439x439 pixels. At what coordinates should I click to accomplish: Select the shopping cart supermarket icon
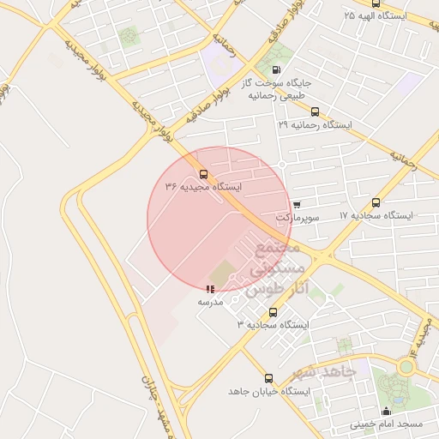297,205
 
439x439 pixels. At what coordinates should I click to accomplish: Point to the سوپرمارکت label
298,218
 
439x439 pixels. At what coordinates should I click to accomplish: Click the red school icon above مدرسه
210,290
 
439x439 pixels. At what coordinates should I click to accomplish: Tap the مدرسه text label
210,302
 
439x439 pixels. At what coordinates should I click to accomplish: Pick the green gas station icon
275,70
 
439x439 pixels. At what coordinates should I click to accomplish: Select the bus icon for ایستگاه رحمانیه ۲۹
316,111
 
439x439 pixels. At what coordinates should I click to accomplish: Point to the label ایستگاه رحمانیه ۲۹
316,124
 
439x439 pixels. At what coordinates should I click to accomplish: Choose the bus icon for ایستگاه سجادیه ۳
274,313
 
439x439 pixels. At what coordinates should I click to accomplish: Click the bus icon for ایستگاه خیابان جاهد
269,378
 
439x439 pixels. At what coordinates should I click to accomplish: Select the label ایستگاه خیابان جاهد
268,391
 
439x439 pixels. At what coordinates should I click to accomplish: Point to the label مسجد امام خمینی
386,424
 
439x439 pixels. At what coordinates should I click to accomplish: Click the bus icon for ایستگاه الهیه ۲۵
376,3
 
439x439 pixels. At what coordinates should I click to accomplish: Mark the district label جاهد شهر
322,373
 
